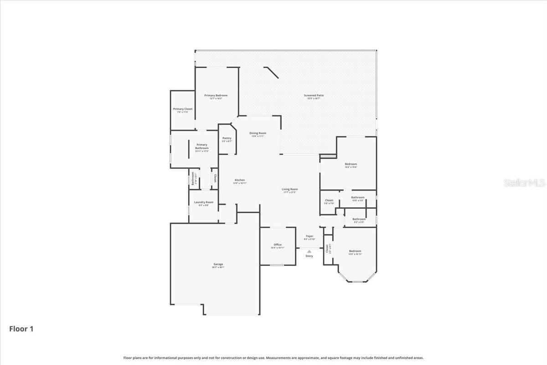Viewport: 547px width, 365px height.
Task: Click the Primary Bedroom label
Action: tap(216, 95)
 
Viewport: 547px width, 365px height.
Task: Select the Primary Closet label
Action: tap(182, 109)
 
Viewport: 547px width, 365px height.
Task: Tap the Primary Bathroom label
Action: tap(202, 146)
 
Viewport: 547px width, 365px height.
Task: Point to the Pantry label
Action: tap(227, 138)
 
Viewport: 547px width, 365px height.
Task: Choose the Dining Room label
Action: tap(258, 133)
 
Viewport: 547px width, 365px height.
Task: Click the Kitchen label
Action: tap(240, 180)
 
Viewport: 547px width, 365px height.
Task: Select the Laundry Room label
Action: tap(203, 202)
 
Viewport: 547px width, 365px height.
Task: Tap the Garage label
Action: tap(218, 264)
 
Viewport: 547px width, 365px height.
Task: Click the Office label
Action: tap(278, 245)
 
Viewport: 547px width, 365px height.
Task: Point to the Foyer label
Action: tap(310, 236)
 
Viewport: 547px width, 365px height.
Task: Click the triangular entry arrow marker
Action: tap(309, 251)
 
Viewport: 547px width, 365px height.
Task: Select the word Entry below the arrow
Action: tap(309, 256)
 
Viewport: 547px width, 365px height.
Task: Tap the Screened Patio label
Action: tap(314, 95)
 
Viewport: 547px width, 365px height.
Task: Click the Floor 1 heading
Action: tap(21, 328)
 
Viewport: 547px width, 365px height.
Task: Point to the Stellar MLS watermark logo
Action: tap(524, 182)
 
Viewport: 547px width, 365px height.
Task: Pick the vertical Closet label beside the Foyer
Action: tap(327, 248)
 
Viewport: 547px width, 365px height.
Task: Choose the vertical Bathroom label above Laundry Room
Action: tap(193, 178)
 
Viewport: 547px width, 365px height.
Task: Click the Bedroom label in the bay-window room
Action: tap(355, 251)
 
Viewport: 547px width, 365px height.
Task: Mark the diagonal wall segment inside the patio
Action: tap(271, 73)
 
